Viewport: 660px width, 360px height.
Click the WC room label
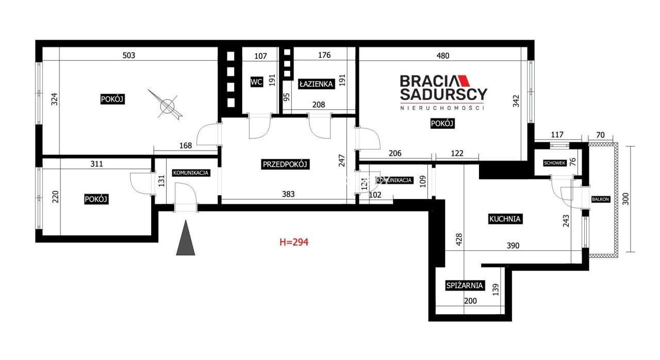click(256, 81)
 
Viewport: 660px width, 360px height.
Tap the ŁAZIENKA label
click(316, 84)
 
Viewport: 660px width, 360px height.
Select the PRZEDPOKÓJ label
click(285, 164)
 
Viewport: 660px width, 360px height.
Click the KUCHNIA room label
click(505, 219)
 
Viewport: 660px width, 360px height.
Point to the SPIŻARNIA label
click(465, 285)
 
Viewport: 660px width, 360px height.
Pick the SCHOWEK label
click(554, 163)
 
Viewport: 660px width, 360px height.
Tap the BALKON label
click(600, 199)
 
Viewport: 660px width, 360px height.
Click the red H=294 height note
click(294, 242)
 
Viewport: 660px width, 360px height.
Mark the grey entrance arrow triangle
click(186, 237)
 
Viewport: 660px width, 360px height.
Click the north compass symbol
click(167, 105)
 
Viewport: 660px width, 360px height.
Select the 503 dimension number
click(129, 55)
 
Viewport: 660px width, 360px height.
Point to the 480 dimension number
click(443, 56)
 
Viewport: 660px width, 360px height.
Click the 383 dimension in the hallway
click(288, 194)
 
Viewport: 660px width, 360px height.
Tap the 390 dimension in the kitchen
click(513, 246)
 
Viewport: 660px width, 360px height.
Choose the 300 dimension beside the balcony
click(626, 199)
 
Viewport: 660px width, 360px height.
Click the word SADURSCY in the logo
click(443, 94)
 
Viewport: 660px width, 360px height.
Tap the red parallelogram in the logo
click(464, 81)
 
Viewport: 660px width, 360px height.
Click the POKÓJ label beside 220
click(96, 199)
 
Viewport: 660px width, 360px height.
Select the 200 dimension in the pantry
click(470, 301)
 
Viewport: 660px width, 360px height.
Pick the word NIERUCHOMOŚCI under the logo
click(442, 108)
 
